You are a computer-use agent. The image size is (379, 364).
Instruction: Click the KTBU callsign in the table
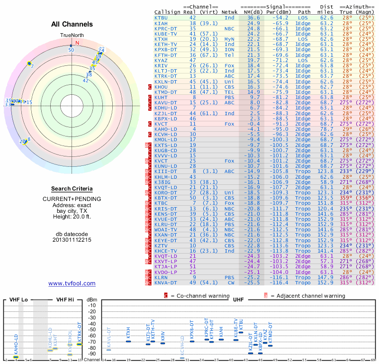click(x=161, y=18)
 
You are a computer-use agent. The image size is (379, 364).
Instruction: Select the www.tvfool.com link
click(x=72, y=283)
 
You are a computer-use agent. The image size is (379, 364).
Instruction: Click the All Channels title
click(x=72, y=24)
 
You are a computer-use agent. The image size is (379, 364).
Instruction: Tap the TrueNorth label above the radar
click(x=71, y=36)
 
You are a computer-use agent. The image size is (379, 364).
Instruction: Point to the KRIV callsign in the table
click(x=161, y=65)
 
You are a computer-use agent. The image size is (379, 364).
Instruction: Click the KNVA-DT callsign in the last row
click(x=166, y=282)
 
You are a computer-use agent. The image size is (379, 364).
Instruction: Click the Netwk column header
click(x=232, y=12)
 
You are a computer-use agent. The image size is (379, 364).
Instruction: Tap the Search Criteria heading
click(x=72, y=189)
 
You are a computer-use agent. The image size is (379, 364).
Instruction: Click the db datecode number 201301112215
click(x=72, y=240)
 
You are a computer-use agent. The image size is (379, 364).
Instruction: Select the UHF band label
click(x=238, y=300)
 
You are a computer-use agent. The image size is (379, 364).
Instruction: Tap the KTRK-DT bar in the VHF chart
click(x=79, y=344)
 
